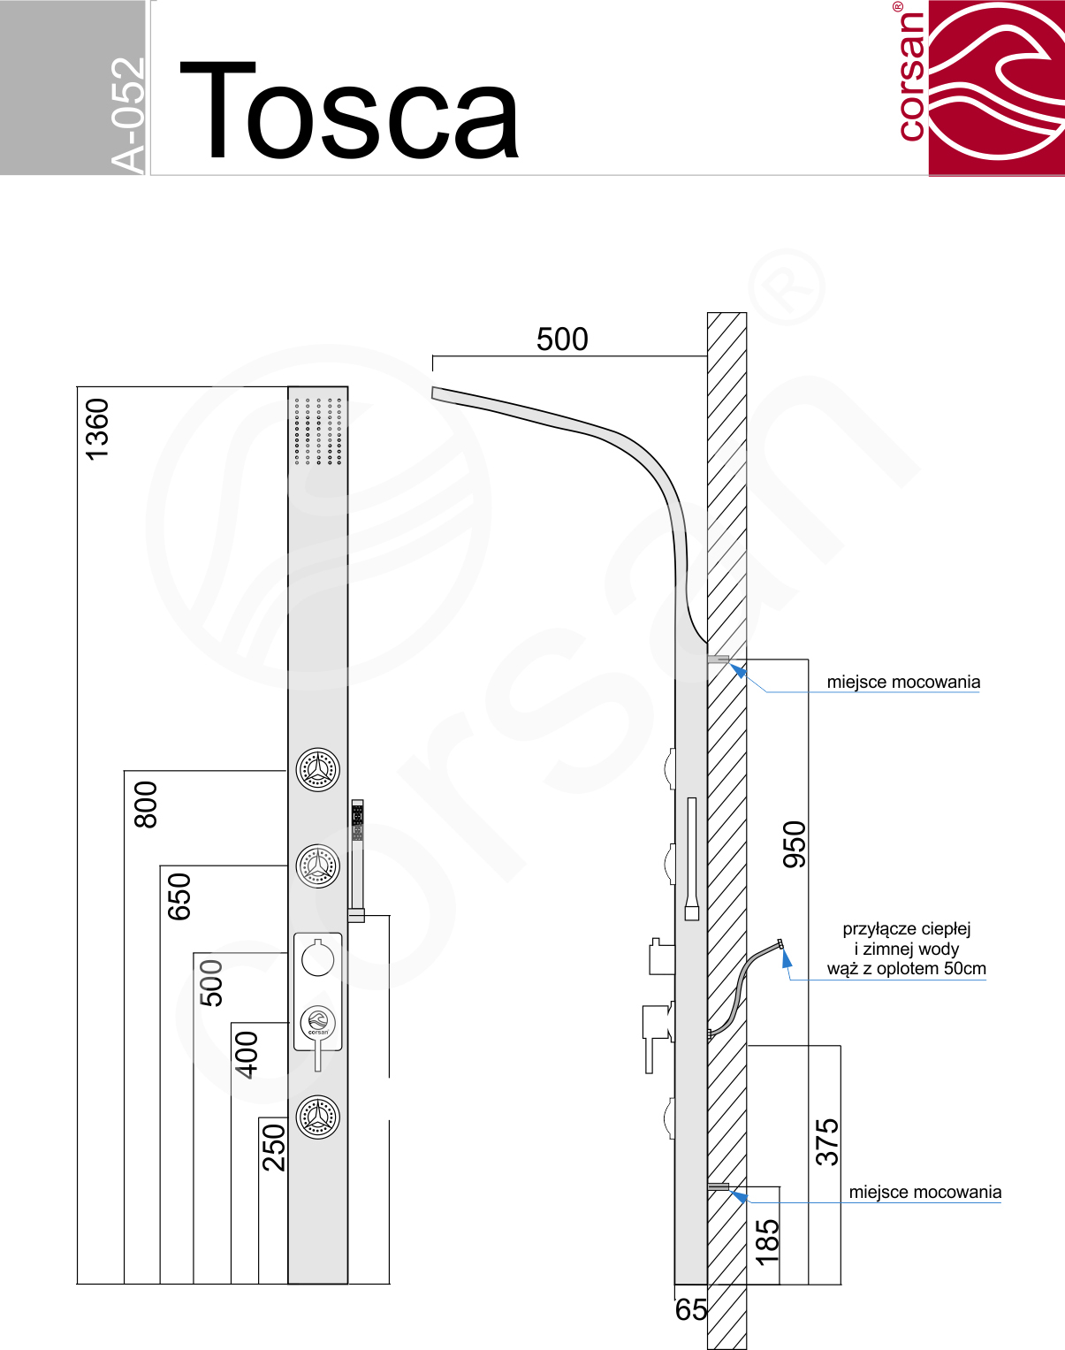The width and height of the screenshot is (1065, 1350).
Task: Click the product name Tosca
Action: coord(349,111)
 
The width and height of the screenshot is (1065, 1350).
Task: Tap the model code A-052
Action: coord(127,116)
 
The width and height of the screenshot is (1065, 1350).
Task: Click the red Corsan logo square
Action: coord(996,88)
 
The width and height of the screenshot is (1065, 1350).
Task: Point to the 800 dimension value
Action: coord(146,805)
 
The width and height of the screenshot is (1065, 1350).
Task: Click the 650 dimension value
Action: coord(179,896)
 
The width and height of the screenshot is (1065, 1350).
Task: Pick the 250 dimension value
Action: coord(273,1148)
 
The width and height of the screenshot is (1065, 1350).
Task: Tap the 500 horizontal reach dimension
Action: coord(562,339)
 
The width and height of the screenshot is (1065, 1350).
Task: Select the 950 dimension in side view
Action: coord(794,844)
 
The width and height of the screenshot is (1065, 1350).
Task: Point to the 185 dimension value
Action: coord(767,1242)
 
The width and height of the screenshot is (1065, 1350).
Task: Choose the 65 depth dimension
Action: coord(690,1309)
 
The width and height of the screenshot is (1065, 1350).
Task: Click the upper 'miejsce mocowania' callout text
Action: coord(903,682)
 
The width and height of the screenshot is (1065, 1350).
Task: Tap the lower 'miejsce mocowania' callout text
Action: coord(925,1192)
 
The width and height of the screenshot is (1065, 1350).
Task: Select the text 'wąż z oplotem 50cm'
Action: coord(906,969)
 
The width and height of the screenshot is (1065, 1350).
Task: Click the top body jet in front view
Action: coord(318,770)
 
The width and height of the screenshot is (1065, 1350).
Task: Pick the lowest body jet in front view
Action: coord(318,1117)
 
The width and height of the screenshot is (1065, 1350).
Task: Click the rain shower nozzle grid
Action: coord(318,431)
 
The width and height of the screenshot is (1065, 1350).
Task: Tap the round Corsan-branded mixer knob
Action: coord(318,1023)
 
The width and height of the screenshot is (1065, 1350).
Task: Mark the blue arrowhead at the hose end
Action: coord(786,958)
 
